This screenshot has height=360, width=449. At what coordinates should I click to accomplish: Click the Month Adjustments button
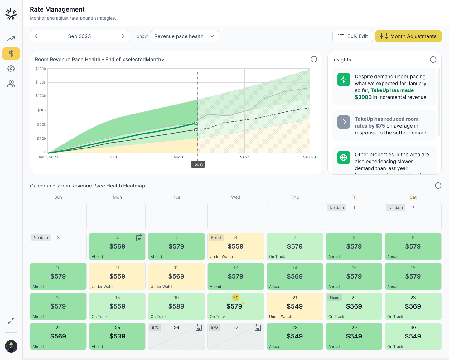(x=408, y=36)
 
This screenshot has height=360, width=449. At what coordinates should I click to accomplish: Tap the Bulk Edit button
(x=352, y=36)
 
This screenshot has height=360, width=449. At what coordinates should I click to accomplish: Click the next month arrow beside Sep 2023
(x=123, y=36)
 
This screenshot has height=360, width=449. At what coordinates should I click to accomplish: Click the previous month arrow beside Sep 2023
(x=36, y=36)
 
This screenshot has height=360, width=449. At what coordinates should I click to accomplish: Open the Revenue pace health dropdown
(x=185, y=36)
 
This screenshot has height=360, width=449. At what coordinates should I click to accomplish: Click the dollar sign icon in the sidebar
(x=11, y=54)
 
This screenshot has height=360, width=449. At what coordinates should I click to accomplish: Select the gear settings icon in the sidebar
(x=11, y=69)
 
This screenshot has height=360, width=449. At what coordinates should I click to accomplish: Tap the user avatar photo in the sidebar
(x=11, y=346)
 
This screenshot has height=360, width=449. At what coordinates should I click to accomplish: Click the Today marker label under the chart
(x=198, y=164)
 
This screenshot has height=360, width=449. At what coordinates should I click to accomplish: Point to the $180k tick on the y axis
(x=41, y=69)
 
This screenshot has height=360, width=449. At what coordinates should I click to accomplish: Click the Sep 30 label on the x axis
(x=309, y=157)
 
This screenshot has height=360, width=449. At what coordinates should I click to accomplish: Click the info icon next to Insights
(x=433, y=60)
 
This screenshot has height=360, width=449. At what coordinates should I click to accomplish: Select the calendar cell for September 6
(x=236, y=246)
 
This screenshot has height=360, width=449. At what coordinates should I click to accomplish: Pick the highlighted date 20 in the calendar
(x=236, y=298)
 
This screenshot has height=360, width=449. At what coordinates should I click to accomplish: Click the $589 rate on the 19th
(x=176, y=306)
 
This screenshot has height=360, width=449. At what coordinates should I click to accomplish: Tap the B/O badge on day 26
(x=155, y=328)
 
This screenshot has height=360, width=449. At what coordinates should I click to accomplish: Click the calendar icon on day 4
(x=139, y=238)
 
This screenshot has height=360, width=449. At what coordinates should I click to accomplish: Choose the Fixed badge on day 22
(x=334, y=298)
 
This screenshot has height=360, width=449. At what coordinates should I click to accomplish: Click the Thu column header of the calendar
(x=295, y=197)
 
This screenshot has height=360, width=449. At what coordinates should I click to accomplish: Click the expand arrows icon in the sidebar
(x=11, y=321)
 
